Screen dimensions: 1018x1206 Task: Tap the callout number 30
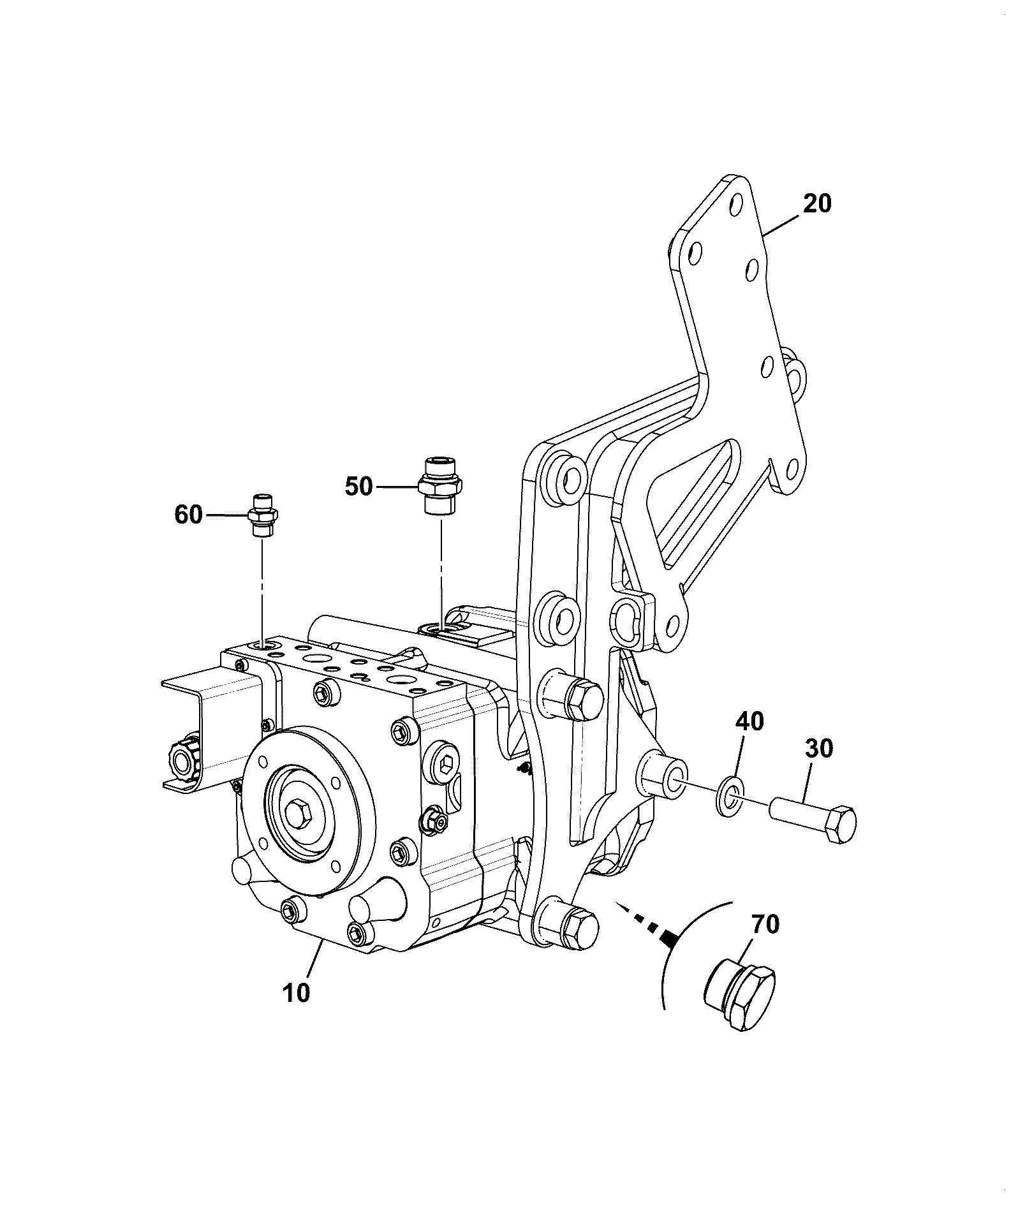[819, 748]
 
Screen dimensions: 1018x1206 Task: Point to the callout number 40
[749, 721]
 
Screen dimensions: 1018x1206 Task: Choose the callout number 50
[358, 487]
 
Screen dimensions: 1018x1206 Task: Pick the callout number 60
[188, 515]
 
